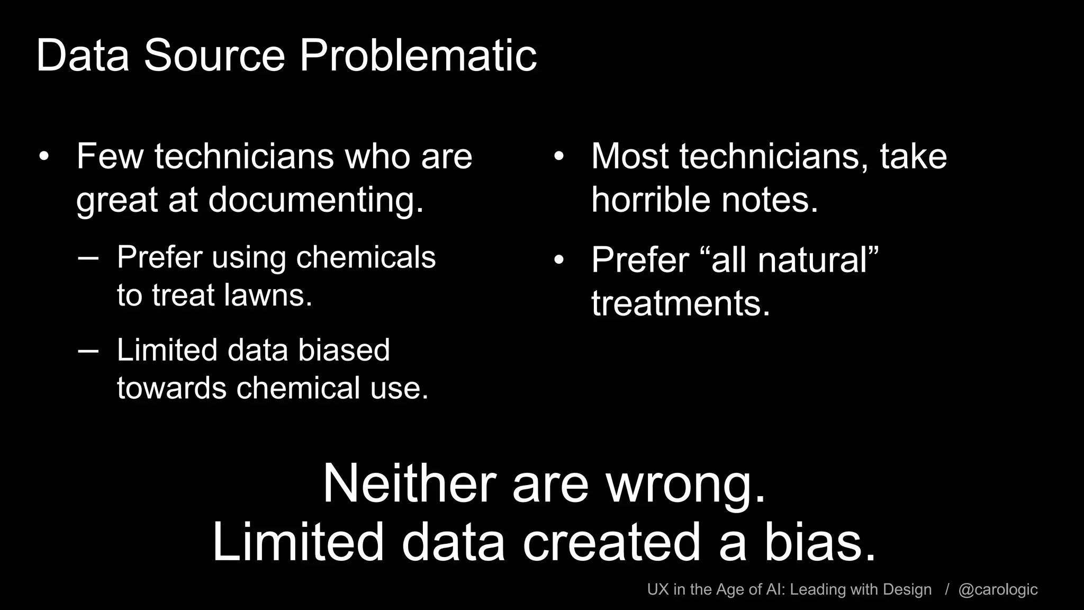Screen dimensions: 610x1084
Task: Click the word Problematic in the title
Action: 418,56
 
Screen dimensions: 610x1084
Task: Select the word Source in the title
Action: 214,56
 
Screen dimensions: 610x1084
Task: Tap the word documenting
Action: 316,200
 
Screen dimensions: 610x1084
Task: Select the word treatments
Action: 681,303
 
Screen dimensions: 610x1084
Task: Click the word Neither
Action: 409,484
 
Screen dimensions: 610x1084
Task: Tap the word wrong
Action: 686,484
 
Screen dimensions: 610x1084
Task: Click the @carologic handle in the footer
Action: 998,589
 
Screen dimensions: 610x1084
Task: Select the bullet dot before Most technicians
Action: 559,157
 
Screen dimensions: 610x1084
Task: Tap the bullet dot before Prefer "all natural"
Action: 559,261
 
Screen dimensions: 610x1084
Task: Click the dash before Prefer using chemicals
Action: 88,258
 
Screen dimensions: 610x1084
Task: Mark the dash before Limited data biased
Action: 88,351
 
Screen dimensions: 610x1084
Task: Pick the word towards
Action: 171,388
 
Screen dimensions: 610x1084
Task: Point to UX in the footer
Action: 658,589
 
